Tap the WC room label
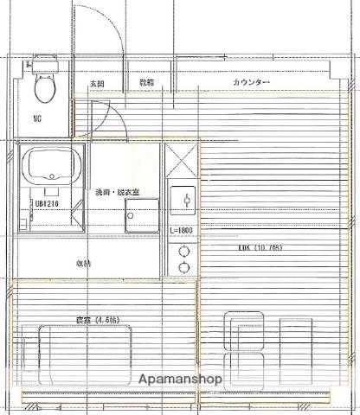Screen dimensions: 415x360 pyautogui.click(x=39, y=118)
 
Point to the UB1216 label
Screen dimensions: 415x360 pyautogui.click(x=46, y=205)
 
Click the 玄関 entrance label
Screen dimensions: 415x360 pyautogui.click(x=97, y=83)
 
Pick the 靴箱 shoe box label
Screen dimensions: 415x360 pyautogui.click(x=147, y=83)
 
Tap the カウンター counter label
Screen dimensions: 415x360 pyautogui.click(x=251, y=82)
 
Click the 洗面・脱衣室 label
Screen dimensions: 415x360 pyautogui.click(x=118, y=193)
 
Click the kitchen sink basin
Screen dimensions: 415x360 pyautogui.click(x=183, y=201)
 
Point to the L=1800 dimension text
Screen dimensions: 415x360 pyautogui.click(x=182, y=230)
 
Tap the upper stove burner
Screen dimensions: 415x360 pyautogui.click(x=183, y=252)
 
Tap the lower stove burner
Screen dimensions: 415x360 pyautogui.click(x=183, y=268)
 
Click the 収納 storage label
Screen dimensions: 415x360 pyautogui.click(x=83, y=264)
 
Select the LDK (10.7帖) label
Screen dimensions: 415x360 pyautogui.click(x=260, y=248)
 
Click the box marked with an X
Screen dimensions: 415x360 pyautogui.click(x=183, y=159)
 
